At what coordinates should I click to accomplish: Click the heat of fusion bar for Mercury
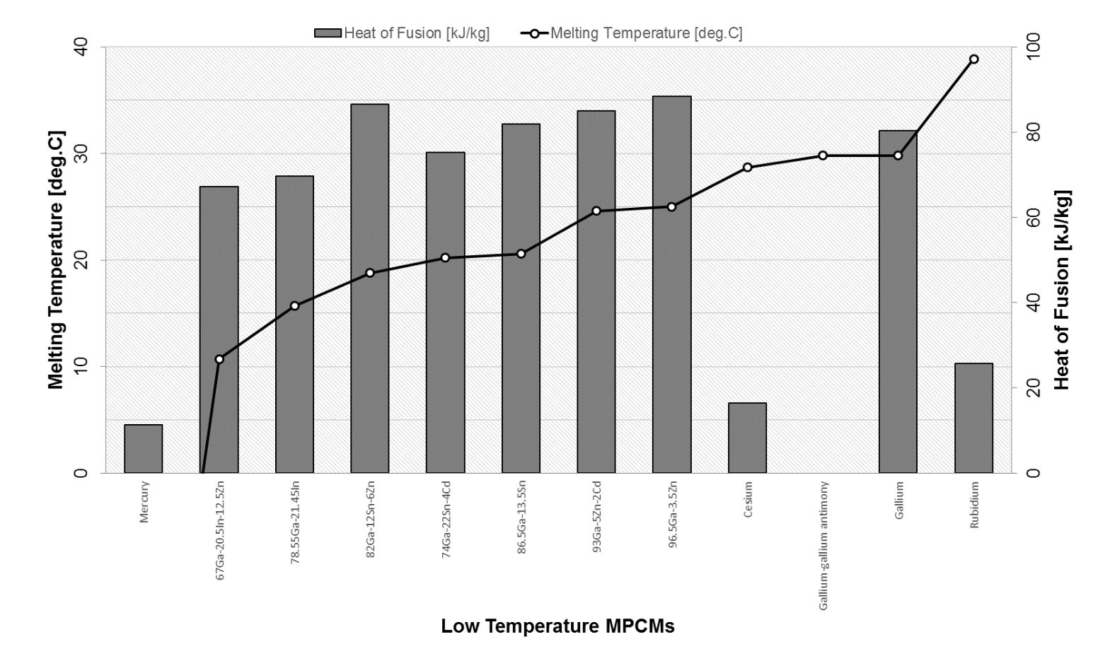click(x=144, y=449)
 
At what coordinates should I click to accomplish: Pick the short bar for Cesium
click(x=747, y=438)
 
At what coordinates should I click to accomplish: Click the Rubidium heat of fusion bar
click(x=973, y=418)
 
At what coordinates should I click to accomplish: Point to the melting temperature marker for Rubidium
click(x=973, y=59)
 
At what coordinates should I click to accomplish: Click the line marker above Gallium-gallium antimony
click(x=823, y=156)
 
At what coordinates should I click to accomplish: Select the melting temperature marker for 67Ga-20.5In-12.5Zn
click(x=219, y=359)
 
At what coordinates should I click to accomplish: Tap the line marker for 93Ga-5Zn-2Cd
click(x=596, y=211)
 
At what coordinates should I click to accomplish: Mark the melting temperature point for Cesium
click(x=747, y=168)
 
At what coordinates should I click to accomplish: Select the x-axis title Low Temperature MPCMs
click(x=557, y=626)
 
